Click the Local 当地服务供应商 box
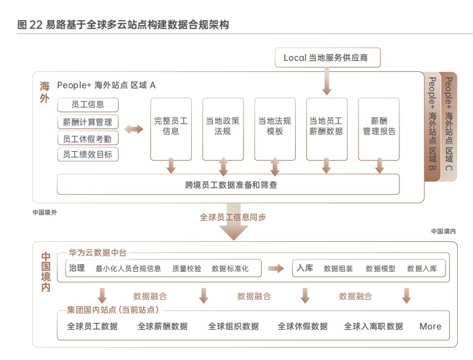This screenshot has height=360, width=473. pyautogui.click(x=328, y=58)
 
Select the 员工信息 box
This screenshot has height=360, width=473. pyautogui.click(x=88, y=105)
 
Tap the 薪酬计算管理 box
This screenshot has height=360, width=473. pyautogui.click(x=88, y=122)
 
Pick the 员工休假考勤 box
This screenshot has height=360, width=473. pyautogui.click(x=88, y=138)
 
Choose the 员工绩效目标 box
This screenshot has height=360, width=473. pyautogui.click(x=88, y=155)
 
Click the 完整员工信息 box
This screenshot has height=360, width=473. pyautogui.click(x=171, y=126)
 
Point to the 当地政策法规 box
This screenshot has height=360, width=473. pyautogui.click(x=223, y=126)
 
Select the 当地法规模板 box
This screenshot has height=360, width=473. pyautogui.click(x=275, y=126)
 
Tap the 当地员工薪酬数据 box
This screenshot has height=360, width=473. pyautogui.click(x=326, y=126)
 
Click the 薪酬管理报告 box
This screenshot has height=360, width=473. pyautogui.click(x=379, y=126)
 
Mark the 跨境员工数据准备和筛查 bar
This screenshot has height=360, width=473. pyautogui.click(x=228, y=184)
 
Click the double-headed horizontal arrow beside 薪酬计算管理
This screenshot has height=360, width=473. pyautogui.click(x=133, y=129)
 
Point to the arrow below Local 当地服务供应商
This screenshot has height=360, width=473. pyautogui.click(x=327, y=82)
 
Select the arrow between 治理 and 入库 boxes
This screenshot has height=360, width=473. pyautogui.click(x=276, y=268)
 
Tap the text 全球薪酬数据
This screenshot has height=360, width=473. pyautogui.click(x=163, y=326)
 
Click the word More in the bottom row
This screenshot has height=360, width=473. pyautogui.click(x=430, y=326)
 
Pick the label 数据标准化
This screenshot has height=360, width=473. pyautogui.click(x=230, y=269)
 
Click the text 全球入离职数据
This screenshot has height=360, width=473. pyautogui.click(x=373, y=326)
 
